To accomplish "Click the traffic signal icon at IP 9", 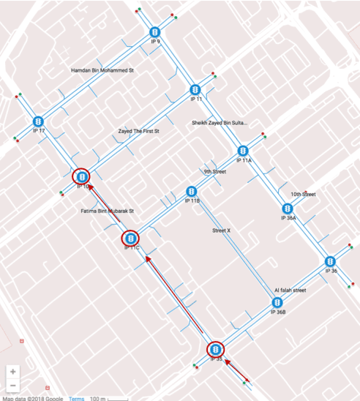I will pos(155,32).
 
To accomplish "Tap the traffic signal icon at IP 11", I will pos(195,89).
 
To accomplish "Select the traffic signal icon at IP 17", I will pos(39,121).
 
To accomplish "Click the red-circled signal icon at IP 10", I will pos(82,176).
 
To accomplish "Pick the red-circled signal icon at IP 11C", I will pos(130,238).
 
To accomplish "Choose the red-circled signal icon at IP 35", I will pos(216,351).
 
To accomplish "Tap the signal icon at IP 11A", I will pos(243,151).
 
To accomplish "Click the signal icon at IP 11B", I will pos(192,192).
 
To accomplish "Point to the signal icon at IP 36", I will pos(330,261).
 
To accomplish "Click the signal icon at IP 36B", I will pos(276,302).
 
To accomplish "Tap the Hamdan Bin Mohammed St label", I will pos(102,71).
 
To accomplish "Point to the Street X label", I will pos(221,231).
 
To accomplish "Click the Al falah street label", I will pos(290,290).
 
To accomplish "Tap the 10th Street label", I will pos(303,195).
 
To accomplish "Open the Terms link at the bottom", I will pos(77,397).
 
